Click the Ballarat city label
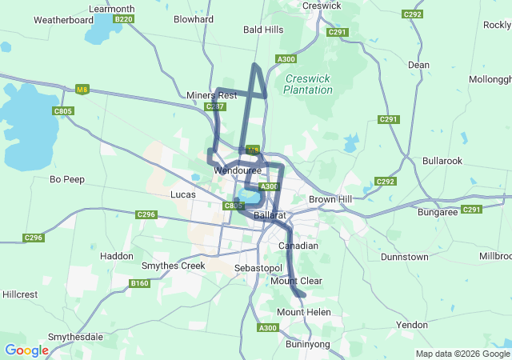pos(270,216)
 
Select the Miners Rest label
pos(211,95)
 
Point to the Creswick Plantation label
pos(308,84)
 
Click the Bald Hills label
pos(263,30)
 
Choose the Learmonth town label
pos(113,9)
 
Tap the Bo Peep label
pos(67,179)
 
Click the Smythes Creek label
pos(173,266)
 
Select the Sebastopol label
pos(259,267)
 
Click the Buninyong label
pos(308,345)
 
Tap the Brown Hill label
pos(331,198)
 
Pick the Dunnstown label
pos(405,257)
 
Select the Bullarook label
pos(442,161)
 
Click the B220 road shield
pos(124,19)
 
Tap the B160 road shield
pos(139,283)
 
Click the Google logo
pos(26,350)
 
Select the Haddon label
pos(117,256)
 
